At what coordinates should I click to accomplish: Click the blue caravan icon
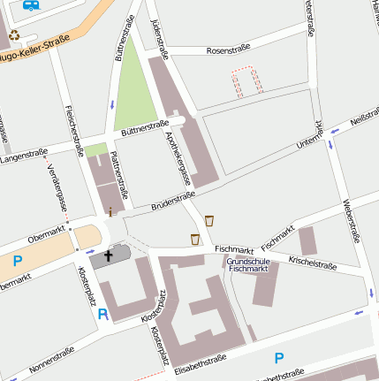point(32,5)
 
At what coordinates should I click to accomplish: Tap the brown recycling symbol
point(14,35)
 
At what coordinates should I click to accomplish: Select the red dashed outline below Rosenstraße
point(247,80)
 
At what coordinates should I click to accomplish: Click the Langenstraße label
point(23,156)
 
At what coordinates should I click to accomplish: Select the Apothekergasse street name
point(177,158)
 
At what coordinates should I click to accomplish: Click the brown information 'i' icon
point(110,211)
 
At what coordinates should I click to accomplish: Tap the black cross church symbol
point(110,256)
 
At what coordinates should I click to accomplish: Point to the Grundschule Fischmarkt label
point(248,264)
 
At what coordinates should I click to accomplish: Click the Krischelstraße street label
point(313,264)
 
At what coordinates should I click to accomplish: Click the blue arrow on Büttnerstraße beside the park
point(113,105)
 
